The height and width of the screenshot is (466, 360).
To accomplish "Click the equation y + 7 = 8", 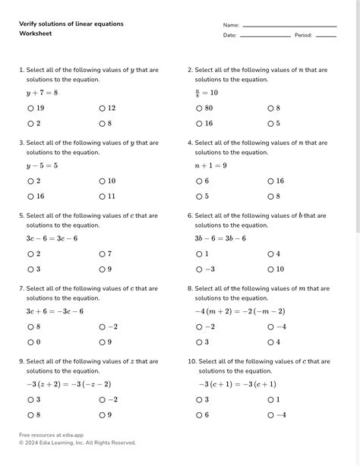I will tap(42, 93).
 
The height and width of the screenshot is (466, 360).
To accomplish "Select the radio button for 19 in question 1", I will tap(31, 109).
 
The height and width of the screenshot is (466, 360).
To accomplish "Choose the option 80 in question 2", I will tap(200, 109).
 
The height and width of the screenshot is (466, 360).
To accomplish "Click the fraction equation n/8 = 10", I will tap(206, 93).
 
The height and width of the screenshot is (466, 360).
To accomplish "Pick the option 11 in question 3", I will tap(103, 196).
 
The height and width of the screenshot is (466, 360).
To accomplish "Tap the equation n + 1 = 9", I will tap(210, 165).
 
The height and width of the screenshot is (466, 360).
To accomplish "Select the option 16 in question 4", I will tap(271, 181).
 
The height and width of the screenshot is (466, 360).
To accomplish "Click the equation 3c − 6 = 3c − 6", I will tap(52, 238).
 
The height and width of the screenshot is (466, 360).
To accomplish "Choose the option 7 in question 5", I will tap(103, 254).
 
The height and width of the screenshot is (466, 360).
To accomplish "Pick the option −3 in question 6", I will tap(200, 269).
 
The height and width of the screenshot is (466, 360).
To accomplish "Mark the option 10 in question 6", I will tap(271, 269).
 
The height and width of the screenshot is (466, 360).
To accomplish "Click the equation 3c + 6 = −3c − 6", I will tap(55, 311).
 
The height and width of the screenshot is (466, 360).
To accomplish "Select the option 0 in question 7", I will tap(31, 342).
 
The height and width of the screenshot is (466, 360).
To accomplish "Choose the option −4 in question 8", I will tap(271, 327).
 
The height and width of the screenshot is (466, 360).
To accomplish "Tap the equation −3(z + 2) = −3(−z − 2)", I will tap(68, 384).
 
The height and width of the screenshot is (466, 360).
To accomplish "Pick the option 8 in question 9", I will tap(31, 414).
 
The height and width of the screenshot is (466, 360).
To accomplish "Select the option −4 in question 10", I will tap(271, 414).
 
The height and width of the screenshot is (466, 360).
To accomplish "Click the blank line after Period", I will tap(325, 36).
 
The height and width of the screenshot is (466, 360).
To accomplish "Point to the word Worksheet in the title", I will tap(36, 34).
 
